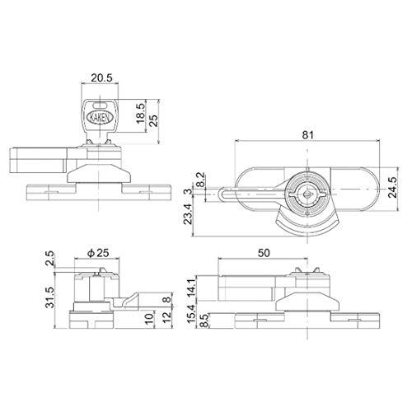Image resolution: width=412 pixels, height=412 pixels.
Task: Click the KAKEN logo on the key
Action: pyautogui.click(x=100, y=118)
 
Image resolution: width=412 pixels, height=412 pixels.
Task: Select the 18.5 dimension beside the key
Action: pyautogui.click(x=140, y=113)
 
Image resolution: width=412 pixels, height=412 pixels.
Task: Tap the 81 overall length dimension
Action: pyautogui.click(x=307, y=135)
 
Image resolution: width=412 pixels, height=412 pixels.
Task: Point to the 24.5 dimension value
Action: pyautogui.click(x=393, y=187)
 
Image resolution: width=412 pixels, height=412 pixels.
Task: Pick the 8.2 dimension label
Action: pyautogui.click(x=201, y=180)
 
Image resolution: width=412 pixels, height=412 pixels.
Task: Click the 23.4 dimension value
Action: pyautogui.click(x=189, y=214)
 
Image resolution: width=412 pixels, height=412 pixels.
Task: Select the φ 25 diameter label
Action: pyautogui.click(x=98, y=253)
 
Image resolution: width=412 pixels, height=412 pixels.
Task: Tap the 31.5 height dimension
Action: pyautogui.click(x=51, y=297)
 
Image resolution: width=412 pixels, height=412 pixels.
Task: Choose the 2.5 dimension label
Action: pyautogui.click(x=50, y=258)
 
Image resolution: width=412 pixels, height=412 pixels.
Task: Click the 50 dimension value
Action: pyautogui.click(x=264, y=253)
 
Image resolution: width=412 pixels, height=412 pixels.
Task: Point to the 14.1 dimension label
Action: pyautogui.click(x=192, y=288)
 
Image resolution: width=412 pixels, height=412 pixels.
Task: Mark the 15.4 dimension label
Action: pyautogui.click(x=192, y=313)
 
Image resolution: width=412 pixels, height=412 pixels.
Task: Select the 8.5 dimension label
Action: pyautogui.click(x=204, y=321)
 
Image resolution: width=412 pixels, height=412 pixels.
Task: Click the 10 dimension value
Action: pyautogui.click(x=150, y=320)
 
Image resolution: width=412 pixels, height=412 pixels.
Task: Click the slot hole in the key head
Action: pyautogui.click(x=100, y=105)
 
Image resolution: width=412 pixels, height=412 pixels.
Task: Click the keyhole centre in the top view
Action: pyautogui.click(x=307, y=194)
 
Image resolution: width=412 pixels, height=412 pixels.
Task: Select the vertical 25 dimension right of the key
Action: pyautogui.click(x=154, y=120)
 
